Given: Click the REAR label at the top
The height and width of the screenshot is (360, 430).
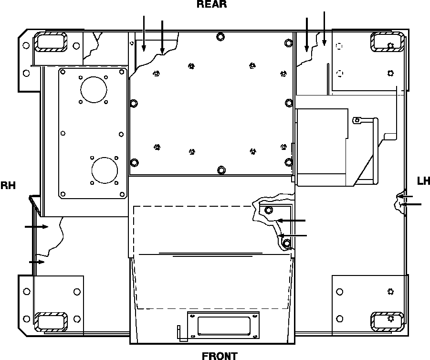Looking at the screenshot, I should pos(211,5).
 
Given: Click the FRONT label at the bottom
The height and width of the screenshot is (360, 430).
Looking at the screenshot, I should pos(219,356).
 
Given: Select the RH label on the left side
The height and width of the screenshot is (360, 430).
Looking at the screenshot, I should pos(8,185).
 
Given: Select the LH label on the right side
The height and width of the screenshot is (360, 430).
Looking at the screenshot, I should pos(423,181).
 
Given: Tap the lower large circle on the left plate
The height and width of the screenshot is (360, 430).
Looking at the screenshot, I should pos(104,170).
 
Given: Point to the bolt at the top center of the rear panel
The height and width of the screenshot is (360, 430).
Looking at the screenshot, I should pos(220,37).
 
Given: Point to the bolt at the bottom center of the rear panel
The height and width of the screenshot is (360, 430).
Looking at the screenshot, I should pos(220,170).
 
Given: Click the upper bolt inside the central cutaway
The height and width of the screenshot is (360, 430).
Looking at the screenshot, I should pos(269,210).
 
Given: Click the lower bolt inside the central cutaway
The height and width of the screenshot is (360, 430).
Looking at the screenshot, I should pos(286,244).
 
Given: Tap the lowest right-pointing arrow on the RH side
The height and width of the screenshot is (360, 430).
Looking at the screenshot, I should pos(37,262).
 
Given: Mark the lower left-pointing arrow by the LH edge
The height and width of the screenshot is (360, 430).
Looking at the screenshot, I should pos(411,204).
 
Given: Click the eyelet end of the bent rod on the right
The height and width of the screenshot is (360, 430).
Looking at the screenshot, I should pos(357,121).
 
